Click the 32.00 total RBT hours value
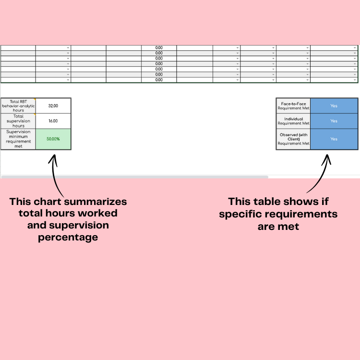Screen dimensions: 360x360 pyautogui.click(x=53, y=106)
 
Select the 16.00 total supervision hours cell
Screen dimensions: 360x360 pyautogui.click(x=53, y=121)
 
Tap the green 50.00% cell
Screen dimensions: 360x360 pyautogui.click(x=53, y=139)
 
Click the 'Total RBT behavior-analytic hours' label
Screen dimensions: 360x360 pyautogui.click(x=18, y=106)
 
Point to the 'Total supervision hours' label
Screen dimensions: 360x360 pyautogui.click(x=18, y=121)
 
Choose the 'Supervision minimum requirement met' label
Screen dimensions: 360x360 pyautogui.click(x=18, y=139)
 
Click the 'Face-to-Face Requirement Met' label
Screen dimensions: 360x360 pyautogui.click(x=293, y=106)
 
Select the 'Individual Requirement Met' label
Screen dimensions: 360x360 pyautogui.click(x=293, y=121)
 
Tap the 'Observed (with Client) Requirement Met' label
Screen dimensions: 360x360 pyautogui.click(x=293, y=139)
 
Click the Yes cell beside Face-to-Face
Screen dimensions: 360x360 pyautogui.click(x=334, y=106)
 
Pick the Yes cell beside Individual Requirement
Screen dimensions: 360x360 pyautogui.click(x=334, y=121)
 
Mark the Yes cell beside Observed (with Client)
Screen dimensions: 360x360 pyautogui.click(x=334, y=139)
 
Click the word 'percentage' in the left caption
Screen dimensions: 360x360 pyautogui.click(x=68, y=237)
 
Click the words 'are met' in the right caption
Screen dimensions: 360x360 pyautogui.click(x=278, y=226)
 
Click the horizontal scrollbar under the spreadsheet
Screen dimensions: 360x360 pyautogui.click(x=134, y=177)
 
